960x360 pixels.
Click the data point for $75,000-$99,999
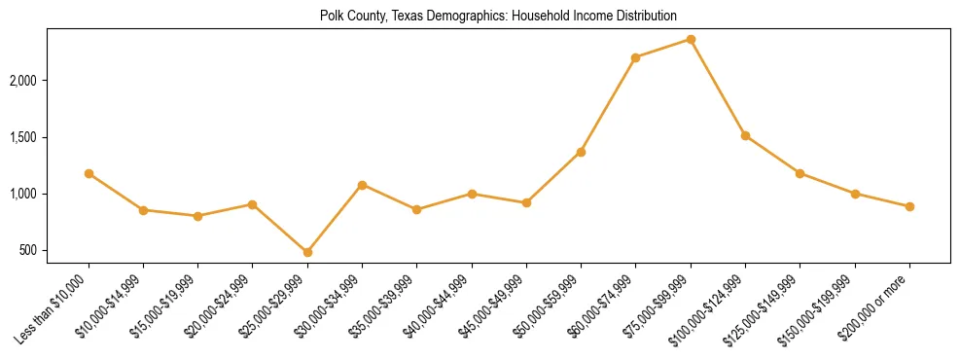pyautogui.click(x=691, y=39)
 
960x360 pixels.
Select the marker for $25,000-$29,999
pyautogui.click(x=307, y=252)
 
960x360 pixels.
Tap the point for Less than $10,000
pyautogui.click(x=89, y=173)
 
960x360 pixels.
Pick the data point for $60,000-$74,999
pyautogui.click(x=635, y=57)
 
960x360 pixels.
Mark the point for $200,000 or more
pyautogui.click(x=909, y=206)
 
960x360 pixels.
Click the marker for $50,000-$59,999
pyautogui.click(x=581, y=152)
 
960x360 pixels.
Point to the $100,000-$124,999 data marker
pyautogui.click(x=745, y=135)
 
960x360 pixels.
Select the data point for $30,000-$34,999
pyautogui.click(x=362, y=184)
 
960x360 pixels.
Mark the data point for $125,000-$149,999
pyautogui.click(x=800, y=173)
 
